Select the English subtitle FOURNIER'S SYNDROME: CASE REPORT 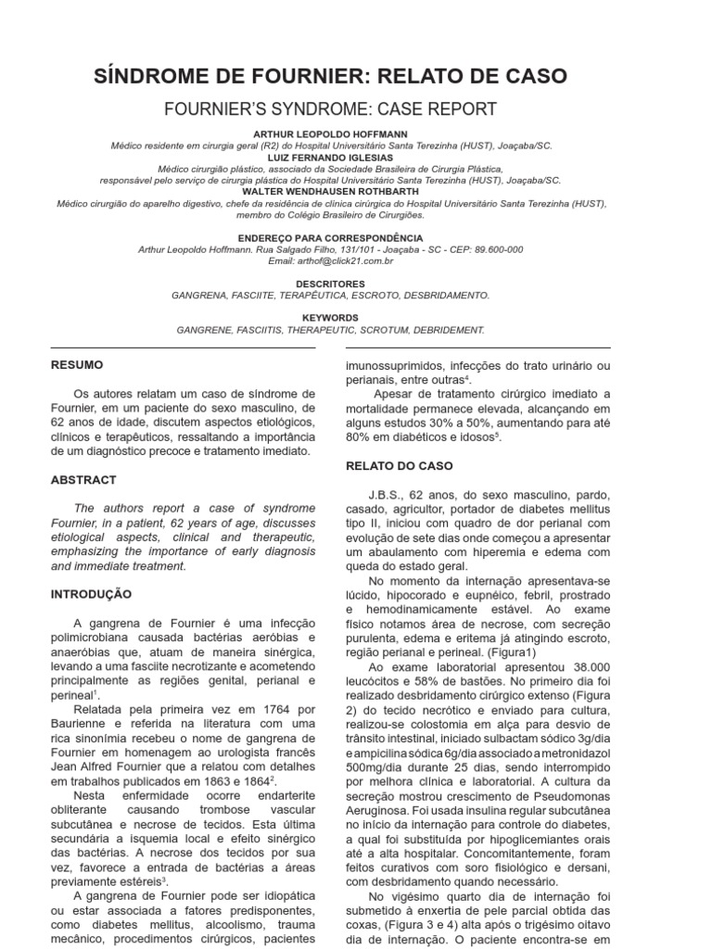click(330, 108)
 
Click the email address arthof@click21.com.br click(330, 261)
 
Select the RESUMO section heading click(77, 365)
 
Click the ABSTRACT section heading click(83, 480)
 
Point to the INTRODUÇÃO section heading click(92, 593)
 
